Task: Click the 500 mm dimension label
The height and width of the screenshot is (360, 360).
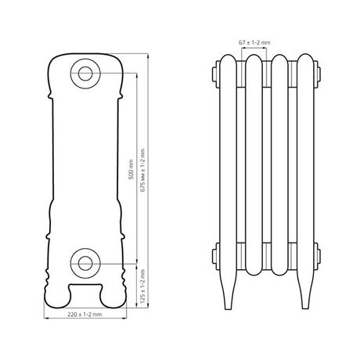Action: [131, 169]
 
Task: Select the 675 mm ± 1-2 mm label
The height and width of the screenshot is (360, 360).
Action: [142, 171]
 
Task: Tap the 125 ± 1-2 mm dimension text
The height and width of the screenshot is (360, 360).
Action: [142, 286]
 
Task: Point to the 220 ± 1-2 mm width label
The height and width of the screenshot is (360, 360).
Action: [85, 315]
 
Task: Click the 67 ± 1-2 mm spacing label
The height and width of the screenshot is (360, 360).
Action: [254, 42]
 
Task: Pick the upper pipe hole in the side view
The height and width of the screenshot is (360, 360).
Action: [85, 74]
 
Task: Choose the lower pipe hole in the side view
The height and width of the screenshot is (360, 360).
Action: [85, 263]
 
